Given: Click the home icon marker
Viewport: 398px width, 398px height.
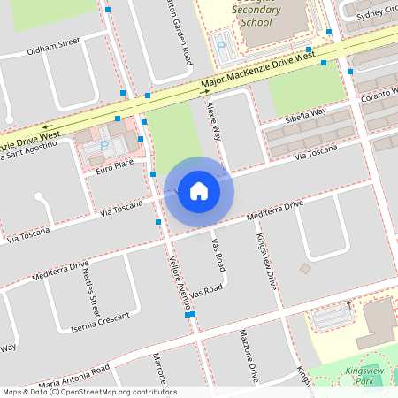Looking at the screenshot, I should (199, 191).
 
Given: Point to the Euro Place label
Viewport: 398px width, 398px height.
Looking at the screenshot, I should (115, 164).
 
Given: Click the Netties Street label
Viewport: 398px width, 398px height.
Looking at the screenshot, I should (91, 293).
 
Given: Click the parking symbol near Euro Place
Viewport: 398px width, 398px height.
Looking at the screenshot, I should (104, 145).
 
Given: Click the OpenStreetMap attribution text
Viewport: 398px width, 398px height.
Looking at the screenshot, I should (88, 392).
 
